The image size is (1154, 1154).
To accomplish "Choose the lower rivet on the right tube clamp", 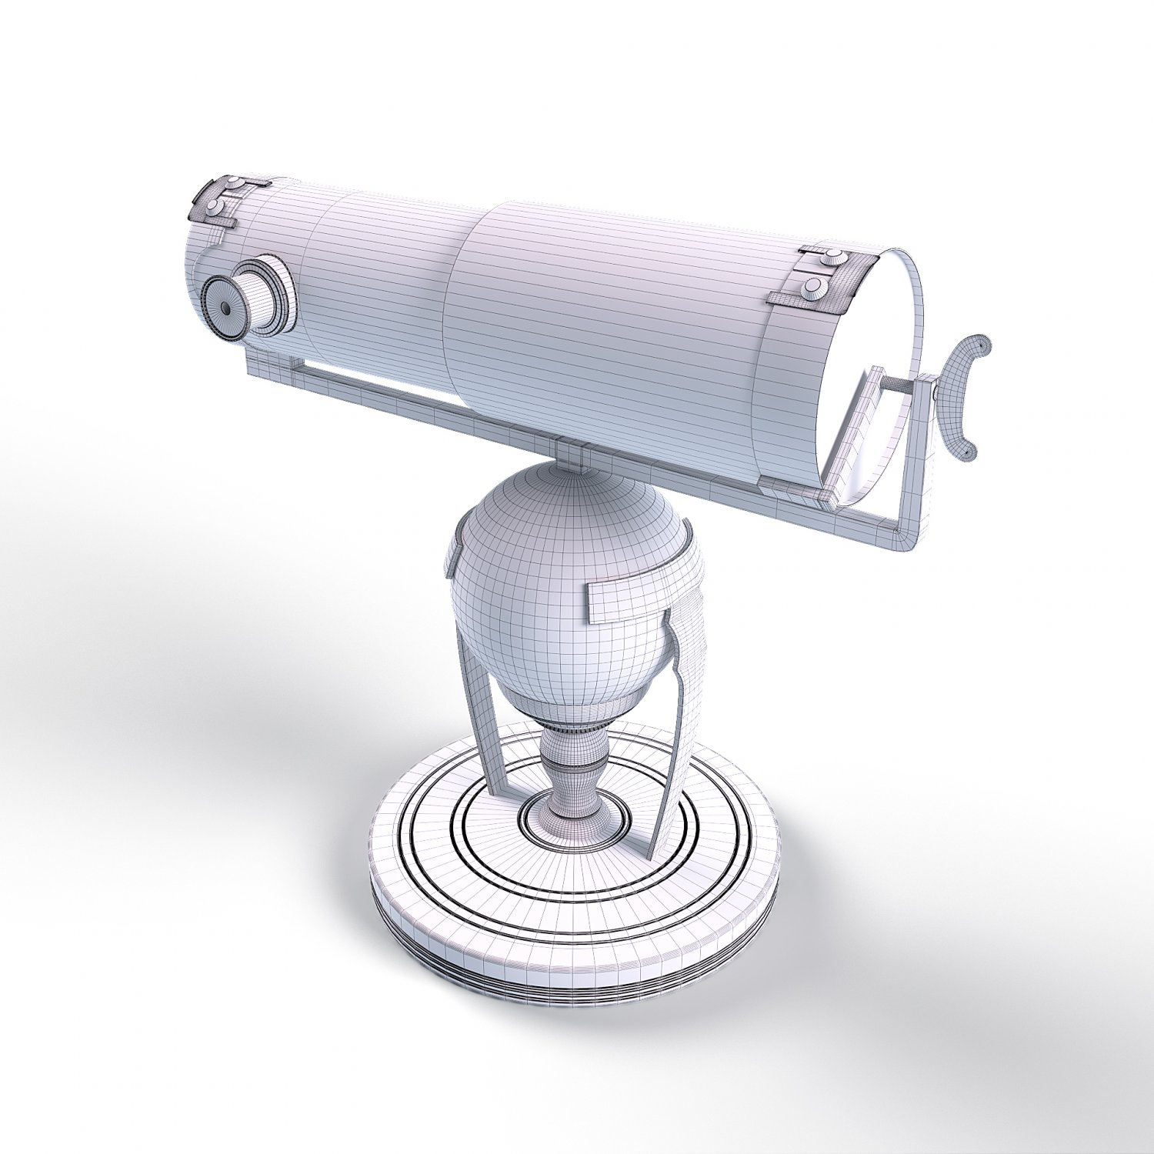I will coord(815,288).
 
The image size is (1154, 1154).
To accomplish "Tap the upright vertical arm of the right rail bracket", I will coord(919,462).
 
